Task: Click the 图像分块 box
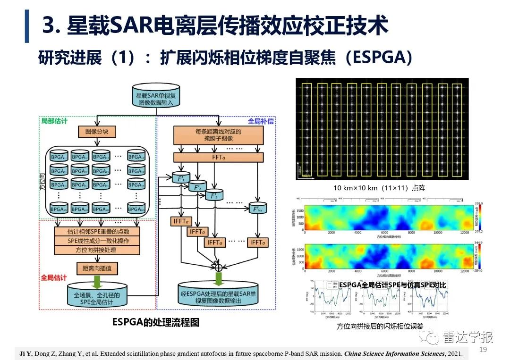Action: [97, 132]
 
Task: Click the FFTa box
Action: [218, 158]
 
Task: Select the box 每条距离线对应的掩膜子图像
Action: [218, 136]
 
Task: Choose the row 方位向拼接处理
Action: [97, 250]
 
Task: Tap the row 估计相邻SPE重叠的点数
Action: [97, 232]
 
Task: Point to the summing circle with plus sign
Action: [218, 268]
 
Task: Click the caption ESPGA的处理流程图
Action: [155, 322]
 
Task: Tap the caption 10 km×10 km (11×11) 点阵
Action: [379, 188]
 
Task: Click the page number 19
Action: [483, 350]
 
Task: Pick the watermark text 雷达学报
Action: [468, 337]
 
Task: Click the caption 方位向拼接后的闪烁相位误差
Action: [380, 326]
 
